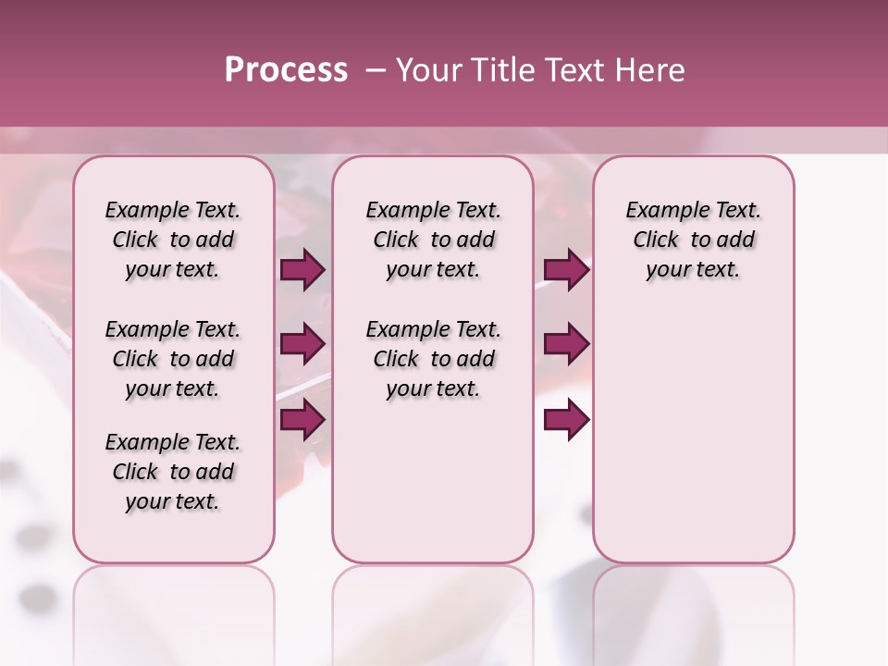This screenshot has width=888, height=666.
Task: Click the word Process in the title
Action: coord(286,70)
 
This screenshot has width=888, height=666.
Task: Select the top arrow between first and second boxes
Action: coord(302,269)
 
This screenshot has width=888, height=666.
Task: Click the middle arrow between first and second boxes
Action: coord(302,344)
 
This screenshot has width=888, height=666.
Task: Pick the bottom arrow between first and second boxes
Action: coord(302,419)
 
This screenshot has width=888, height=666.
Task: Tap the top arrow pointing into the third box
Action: coord(566,269)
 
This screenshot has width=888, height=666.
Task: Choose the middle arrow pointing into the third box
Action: coord(566,344)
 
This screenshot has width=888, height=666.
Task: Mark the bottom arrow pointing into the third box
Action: coord(566,419)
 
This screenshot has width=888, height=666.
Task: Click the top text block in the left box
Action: coord(173,240)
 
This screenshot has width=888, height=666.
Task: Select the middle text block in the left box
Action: coord(173,359)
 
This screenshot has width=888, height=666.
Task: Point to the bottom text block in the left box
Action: coord(173,472)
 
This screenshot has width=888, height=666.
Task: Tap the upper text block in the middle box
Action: coord(433,240)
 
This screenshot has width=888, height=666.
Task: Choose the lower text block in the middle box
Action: coord(433,359)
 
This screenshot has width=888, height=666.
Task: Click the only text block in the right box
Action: coord(693,240)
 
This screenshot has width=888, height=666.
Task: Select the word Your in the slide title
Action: coord(428,70)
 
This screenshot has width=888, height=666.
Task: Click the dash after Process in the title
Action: coord(375,70)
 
